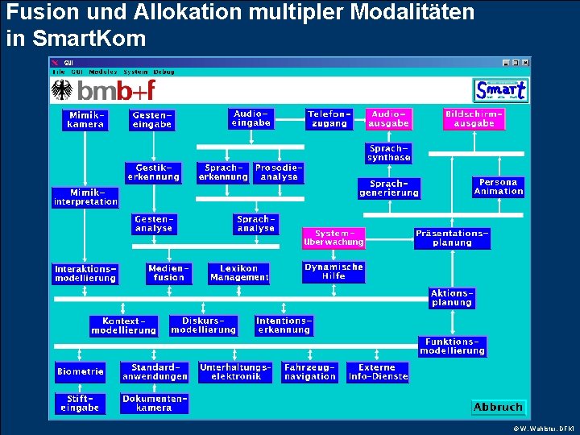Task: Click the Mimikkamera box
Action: [85, 120]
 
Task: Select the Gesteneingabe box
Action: [151, 120]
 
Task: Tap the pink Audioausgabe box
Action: [389, 119]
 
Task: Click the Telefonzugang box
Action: [329, 119]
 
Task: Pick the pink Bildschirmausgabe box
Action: [474, 119]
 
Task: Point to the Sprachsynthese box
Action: [389, 153]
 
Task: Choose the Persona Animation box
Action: [499, 187]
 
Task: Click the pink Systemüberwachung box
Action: [333, 238]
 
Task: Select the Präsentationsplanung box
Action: [452, 238]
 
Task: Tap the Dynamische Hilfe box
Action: [333, 271]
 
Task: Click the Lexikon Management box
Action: [239, 273]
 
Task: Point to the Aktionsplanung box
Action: [452, 298]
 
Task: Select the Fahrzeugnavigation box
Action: [310, 371]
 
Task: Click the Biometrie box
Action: [81, 371]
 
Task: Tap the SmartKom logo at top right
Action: [500, 89]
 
